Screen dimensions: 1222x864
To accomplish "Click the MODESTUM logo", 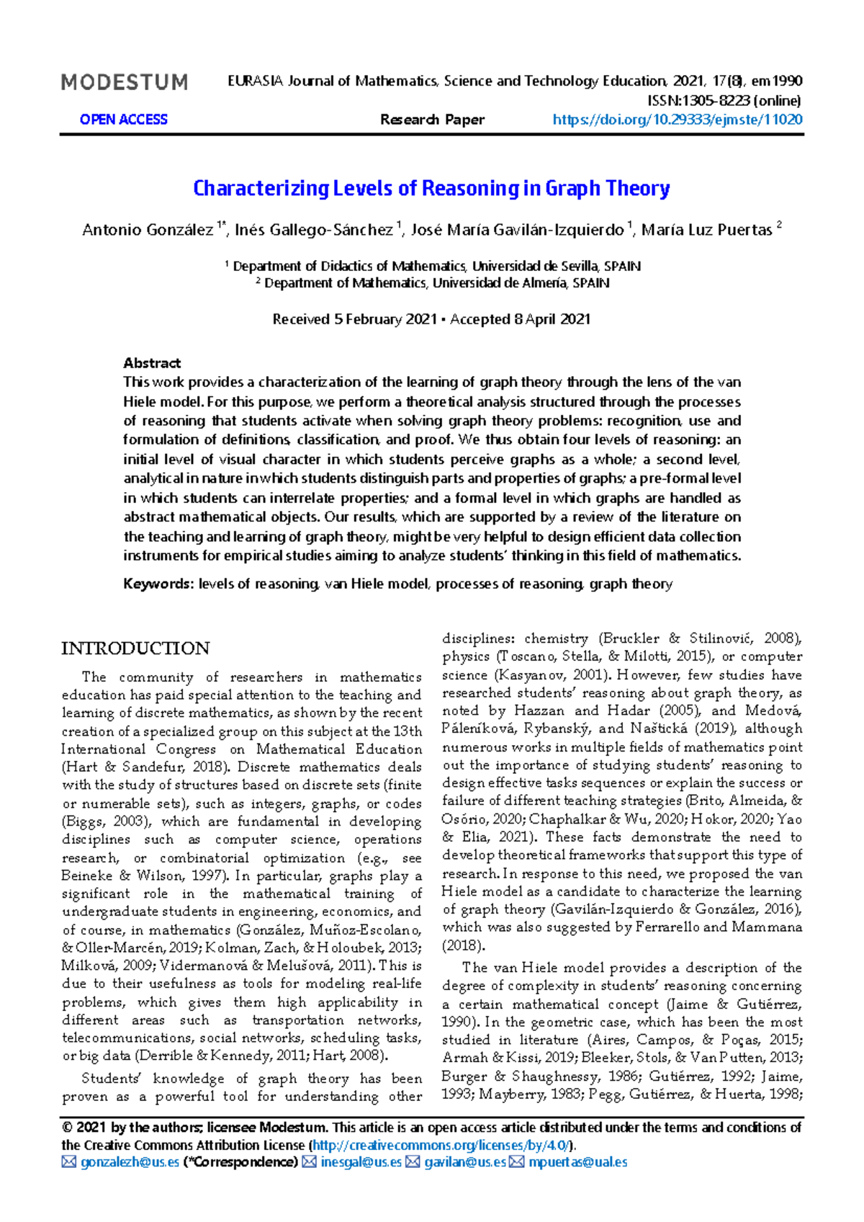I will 125,83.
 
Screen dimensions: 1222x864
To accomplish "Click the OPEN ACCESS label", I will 123,120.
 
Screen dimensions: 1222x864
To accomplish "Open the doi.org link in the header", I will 677,120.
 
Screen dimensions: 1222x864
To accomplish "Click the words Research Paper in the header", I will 432,120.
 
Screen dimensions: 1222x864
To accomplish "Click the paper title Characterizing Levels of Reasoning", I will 431,189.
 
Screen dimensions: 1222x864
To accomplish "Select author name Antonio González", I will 148,230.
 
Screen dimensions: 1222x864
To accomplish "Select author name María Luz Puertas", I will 706,230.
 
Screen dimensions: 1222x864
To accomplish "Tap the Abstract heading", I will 152,363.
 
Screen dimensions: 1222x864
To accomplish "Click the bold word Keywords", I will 158,584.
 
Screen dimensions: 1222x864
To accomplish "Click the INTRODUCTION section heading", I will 135,648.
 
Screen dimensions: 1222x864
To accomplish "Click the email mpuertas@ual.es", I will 577,1162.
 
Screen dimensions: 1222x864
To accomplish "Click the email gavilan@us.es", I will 464,1162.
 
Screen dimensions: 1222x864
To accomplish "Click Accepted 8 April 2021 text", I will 520,319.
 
